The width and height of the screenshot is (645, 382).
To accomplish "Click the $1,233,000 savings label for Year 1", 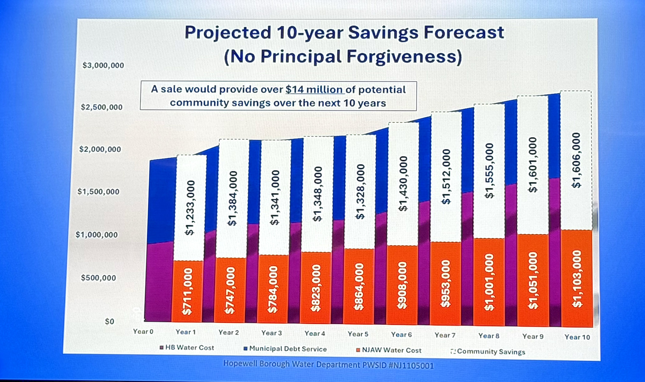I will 190,208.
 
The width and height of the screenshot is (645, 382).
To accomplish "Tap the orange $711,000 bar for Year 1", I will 188,291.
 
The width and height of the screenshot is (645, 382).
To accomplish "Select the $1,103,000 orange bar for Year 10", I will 577,279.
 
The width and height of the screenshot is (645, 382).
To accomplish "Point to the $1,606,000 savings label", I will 576,160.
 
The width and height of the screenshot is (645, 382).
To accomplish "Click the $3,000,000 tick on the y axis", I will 103,65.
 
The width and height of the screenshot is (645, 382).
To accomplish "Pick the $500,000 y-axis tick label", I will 98,278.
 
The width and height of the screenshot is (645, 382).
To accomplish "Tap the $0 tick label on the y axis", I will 109,321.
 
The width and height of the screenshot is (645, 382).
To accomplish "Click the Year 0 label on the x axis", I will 143,331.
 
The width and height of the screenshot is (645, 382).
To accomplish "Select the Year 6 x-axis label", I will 401,334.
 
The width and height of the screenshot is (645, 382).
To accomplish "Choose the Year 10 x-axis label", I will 577,337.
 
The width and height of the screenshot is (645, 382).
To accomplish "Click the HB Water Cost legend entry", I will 187,347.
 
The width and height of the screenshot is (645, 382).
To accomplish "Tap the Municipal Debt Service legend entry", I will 285,349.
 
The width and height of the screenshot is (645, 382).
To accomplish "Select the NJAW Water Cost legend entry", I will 389,350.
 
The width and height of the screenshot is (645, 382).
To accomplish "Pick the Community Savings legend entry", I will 488,351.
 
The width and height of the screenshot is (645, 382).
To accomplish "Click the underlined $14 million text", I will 314,89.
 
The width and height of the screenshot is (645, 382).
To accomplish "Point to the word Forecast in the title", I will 464,32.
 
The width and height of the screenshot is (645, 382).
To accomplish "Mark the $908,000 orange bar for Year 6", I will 402,285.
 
